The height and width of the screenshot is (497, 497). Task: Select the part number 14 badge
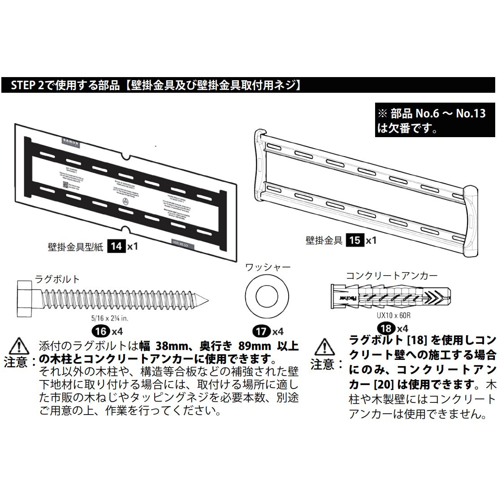pos(116,246)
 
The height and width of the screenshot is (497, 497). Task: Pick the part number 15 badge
pos(354,240)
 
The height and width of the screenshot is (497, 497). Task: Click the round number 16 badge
pos(101,332)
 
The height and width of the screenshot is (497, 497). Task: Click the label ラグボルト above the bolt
pos(57,279)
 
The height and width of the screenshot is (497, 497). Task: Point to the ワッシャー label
pos(268,268)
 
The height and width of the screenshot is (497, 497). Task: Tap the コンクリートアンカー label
pos(391,276)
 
